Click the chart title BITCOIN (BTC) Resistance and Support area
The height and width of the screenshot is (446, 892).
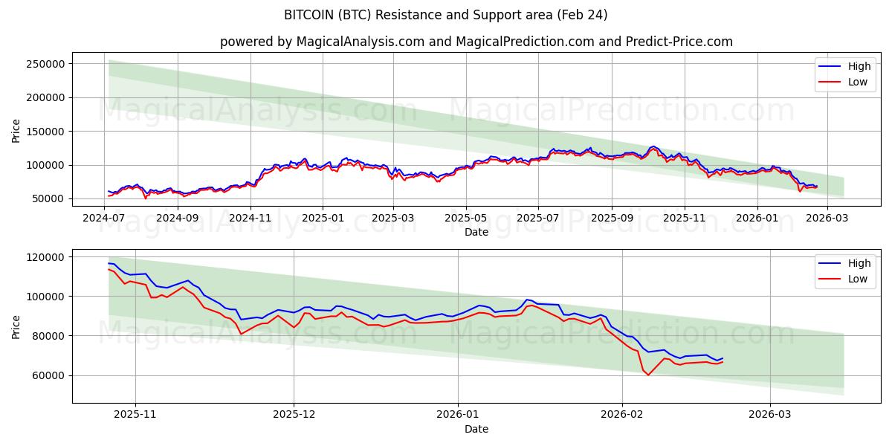[445, 15]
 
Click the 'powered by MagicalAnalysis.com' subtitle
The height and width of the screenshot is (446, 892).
[476, 42]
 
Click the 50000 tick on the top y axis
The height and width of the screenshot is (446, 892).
[49, 199]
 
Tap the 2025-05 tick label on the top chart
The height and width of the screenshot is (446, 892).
[466, 219]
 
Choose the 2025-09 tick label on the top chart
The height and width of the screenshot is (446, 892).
[612, 219]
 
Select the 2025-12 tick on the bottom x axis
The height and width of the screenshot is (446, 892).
[294, 416]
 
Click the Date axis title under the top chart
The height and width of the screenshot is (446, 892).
[476, 232]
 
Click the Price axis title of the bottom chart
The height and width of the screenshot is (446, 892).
[16, 326]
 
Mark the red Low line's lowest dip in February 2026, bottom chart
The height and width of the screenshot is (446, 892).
[647, 375]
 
